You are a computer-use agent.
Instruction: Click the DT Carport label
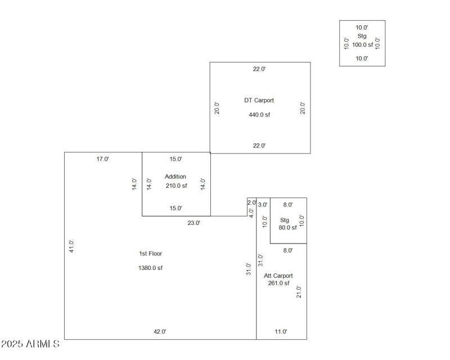259,101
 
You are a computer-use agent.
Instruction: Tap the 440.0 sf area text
259,115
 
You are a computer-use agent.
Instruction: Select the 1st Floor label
150,254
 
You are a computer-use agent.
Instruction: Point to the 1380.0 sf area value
150,268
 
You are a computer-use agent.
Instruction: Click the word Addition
175,177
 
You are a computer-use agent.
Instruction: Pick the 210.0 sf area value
176,186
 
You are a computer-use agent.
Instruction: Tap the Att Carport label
278,276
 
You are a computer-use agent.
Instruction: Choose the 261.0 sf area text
278,283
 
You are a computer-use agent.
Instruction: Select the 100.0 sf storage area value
362,44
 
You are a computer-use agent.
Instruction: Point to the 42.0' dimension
160,332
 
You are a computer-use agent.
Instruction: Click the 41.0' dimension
71,246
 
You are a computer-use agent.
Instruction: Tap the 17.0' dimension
102,159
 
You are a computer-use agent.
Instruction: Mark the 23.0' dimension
193,223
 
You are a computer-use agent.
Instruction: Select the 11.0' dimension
281,332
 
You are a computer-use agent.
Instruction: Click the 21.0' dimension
299,292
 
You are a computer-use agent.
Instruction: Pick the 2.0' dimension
251,202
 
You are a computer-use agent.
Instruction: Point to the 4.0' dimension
251,213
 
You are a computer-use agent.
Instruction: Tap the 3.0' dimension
263,205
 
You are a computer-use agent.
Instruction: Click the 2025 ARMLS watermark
30,343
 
